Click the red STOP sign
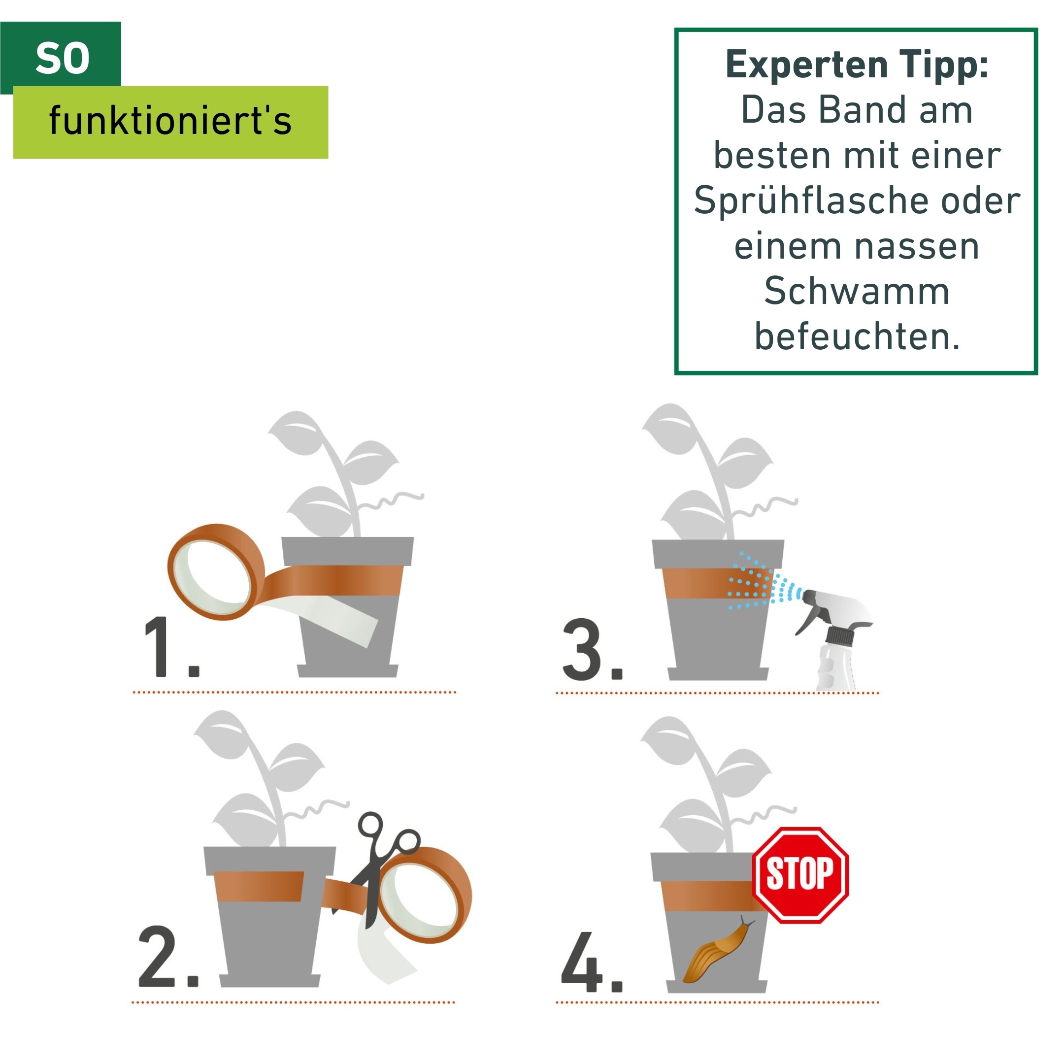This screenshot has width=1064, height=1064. pos(799,874)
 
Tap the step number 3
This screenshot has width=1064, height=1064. pos(583,650)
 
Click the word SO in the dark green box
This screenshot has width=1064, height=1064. pos(62,59)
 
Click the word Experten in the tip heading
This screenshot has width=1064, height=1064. pos(807,65)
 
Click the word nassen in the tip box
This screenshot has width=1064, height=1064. pos(927,246)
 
